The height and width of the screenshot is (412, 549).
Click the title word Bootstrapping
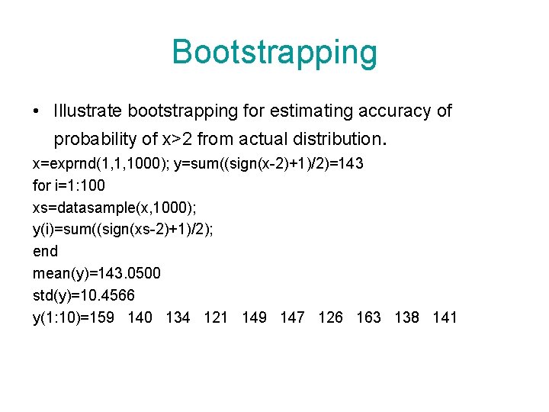tap(274, 53)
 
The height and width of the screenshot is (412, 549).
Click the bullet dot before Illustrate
tap(37, 112)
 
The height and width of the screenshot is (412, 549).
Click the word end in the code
tap(45, 251)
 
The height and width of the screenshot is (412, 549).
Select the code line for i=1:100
tap(69, 185)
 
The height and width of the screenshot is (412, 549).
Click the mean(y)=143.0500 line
tap(97, 273)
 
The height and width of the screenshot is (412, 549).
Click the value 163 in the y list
tap(368, 317)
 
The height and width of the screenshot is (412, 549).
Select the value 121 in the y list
tap(216, 317)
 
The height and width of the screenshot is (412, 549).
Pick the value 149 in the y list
tap(254, 317)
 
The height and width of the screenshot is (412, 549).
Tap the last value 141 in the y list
tap(445, 317)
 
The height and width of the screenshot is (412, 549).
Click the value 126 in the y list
tap(330, 317)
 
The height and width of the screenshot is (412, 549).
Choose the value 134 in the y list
tap(178, 317)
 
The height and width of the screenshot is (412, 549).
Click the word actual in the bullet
tap(264, 140)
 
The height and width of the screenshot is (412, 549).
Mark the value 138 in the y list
tap(406, 317)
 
